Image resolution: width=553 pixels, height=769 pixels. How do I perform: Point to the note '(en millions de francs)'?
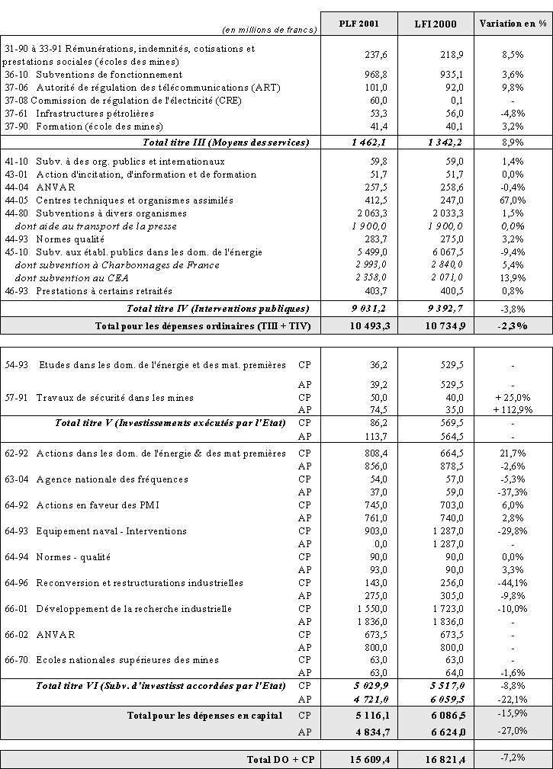coord(268,30)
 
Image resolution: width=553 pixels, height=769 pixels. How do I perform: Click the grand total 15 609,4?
coord(368,760)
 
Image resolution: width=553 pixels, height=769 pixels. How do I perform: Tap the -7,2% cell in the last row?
coord(513,758)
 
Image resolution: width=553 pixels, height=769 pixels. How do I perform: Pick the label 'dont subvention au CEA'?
coord(72,278)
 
